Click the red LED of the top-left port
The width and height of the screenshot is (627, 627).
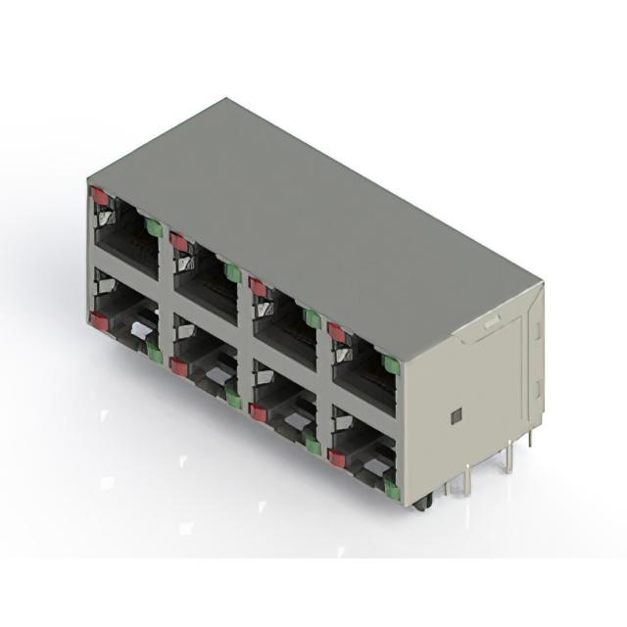pos(100,196)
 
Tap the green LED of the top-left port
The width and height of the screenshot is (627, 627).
pos(153,227)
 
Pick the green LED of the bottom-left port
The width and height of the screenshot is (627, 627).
pos(154,354)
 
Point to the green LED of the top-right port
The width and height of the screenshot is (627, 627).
pos(391,365)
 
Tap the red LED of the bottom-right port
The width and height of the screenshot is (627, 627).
pos(337,458)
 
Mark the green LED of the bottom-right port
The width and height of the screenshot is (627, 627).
pos(391,489)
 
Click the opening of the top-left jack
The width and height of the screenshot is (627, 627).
pos(126,235)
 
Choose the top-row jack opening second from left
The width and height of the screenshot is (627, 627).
pos(206,279)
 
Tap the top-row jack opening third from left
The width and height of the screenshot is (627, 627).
pos(285,324)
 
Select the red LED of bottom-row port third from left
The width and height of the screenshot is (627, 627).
pos(258,411)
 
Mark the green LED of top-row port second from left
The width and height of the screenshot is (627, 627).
pos(232,272)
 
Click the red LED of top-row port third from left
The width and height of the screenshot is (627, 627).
pos(258,287)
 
